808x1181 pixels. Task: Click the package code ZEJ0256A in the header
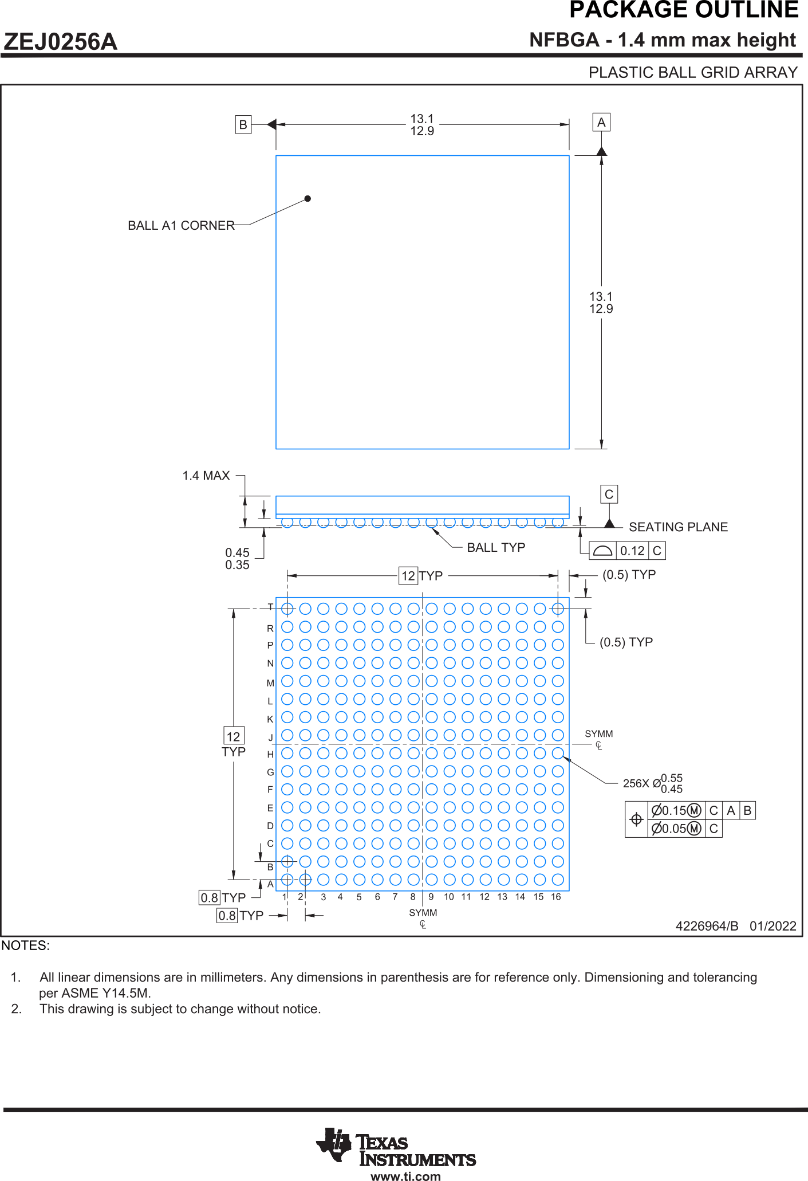click(x=60, y=42)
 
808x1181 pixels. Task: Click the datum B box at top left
click(x=243, y=124)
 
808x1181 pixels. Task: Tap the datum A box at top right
click(x=601, y=122)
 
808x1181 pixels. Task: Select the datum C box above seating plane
click(x=609, y=494)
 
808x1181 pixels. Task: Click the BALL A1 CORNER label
click(x=181, y=225)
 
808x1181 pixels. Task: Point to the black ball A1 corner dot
click(x=308, y=198)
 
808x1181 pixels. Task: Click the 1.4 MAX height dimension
click(x=206, y=476)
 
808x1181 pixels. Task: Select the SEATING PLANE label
click(x=679, y=527)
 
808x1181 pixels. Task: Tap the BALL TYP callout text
click(x=496, y=547)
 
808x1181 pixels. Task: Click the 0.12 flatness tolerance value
click(x=632, y=551)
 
